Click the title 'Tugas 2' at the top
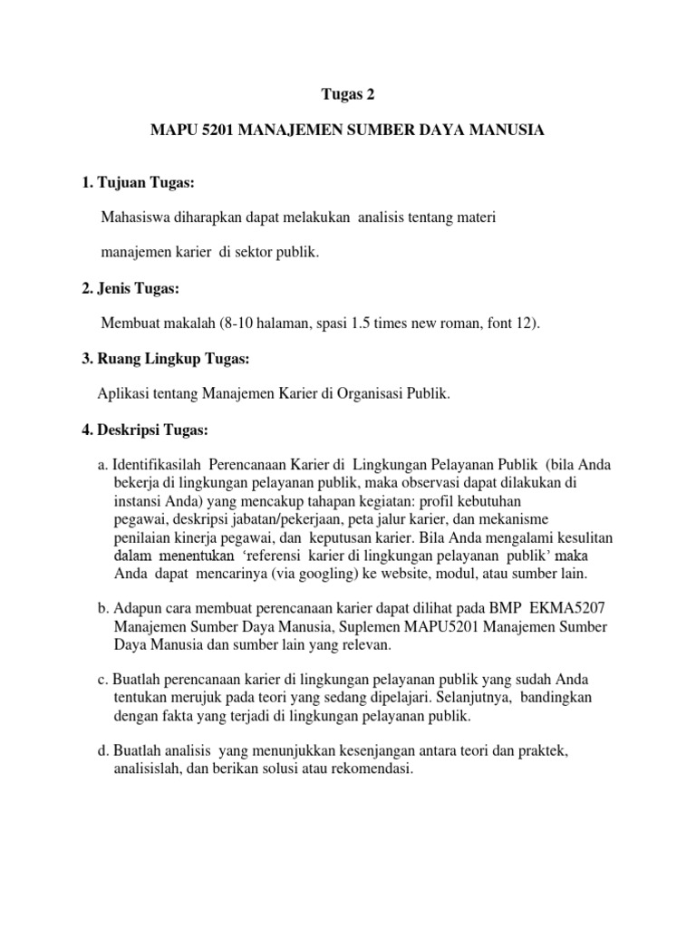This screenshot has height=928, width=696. [x=348, y=93]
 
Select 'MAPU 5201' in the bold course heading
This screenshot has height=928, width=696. [x=188, y=131]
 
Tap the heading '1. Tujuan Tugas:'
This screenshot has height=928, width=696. [x=138, y=184]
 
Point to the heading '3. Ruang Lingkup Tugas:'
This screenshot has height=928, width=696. [x=165, y=359]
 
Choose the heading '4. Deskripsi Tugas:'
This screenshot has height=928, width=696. [x=145, y=429]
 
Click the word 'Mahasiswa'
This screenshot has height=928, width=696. [x=138, y=218]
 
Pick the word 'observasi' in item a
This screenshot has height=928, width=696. [x=435, y=482]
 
